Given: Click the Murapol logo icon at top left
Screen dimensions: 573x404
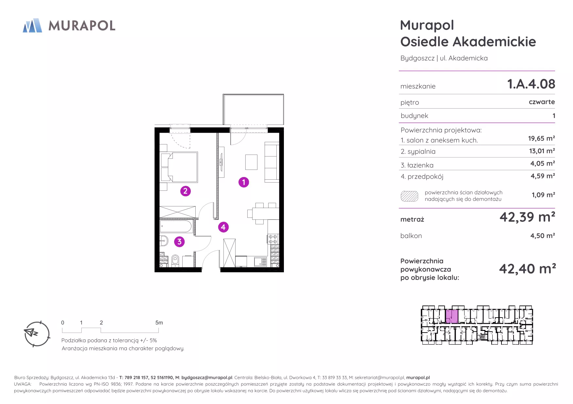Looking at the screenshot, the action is point(32,25).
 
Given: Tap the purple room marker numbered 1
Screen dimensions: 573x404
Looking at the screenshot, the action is point(244,182).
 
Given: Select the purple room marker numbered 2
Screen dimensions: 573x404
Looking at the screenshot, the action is point(185,191).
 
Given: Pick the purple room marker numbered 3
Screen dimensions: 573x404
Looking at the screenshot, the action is point(179,242).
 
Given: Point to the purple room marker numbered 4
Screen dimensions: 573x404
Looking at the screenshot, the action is point(223,227).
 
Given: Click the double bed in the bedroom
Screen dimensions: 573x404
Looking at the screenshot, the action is point(179,167).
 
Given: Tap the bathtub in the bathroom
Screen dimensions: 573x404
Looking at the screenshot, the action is point(176,226).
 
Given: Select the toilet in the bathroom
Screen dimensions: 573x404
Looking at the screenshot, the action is point(175,261).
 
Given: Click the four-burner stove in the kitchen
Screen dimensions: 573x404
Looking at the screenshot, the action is point(273,239).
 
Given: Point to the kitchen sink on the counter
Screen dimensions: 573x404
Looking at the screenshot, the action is point(260,262).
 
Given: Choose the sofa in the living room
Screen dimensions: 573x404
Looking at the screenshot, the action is point(272,162).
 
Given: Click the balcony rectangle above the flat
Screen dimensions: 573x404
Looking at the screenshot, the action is point(253,109).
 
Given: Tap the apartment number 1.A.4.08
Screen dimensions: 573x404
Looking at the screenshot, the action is point(531,84).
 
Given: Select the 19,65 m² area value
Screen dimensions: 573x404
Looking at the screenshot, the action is point(541,139).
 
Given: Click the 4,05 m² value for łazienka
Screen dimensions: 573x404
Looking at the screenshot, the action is point(542,163).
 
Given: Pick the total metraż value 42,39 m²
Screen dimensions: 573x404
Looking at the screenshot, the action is point(527,217).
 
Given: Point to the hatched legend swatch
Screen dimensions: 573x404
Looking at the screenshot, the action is point(409,196).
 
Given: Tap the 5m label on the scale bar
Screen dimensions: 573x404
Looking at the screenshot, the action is point(159,322).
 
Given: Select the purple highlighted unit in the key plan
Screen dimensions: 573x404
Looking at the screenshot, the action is point(452,316).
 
